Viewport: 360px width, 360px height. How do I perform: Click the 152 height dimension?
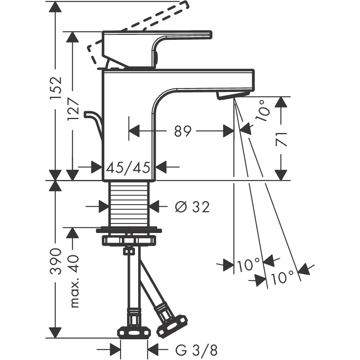click(x=56, y=88)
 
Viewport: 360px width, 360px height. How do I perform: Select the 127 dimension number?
click(x=73, y=109)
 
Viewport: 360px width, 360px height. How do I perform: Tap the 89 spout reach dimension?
click(x=182, y=131)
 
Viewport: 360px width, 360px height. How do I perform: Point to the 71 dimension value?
click(x=281, y=139)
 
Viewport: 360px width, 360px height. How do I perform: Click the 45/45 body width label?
click(x=128, y=167)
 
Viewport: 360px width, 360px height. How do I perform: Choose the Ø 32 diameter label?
click(x=192, y=207)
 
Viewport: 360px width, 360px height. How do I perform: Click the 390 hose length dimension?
click(x=56, y=261)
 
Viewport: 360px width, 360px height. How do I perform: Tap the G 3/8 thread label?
click(x=196, y=350)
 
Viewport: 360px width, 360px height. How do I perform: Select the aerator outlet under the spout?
click(x=233, y=94)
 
